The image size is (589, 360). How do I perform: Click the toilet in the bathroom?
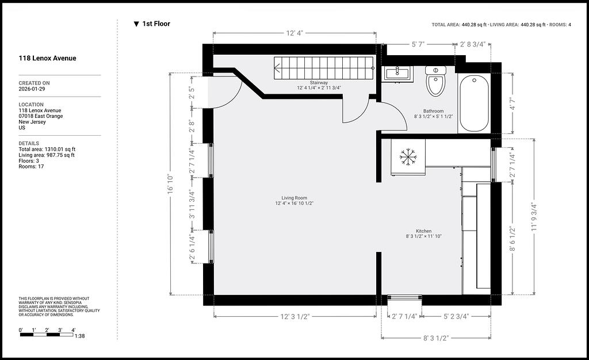(436, 81)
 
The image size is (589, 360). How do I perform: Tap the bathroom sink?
(398, 74)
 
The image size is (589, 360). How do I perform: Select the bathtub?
(474, 103)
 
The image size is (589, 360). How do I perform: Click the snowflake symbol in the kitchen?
(408, 156)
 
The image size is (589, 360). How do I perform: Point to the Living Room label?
(294, 198)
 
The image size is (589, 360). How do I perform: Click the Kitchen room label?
(424, 231)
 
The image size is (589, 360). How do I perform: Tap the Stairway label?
(319, 83)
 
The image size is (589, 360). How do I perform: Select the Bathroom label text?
(434, 111)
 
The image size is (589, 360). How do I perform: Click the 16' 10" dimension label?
(170, 185)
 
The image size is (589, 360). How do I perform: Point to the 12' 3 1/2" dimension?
(295, 316)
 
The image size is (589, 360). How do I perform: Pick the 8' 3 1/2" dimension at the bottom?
(436, 338)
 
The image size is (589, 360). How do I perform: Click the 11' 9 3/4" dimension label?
(534, 217)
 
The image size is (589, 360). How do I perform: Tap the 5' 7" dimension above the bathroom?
(418, 44)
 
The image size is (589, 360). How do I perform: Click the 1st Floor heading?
(156, 24)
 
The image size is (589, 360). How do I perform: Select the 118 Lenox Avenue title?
(47, 58)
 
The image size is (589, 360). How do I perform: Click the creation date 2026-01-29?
(32, 89)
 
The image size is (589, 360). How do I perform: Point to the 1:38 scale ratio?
(79, 336)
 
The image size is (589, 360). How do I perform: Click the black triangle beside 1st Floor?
(136, 24)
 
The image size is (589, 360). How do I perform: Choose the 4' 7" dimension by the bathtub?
(512, 104)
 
